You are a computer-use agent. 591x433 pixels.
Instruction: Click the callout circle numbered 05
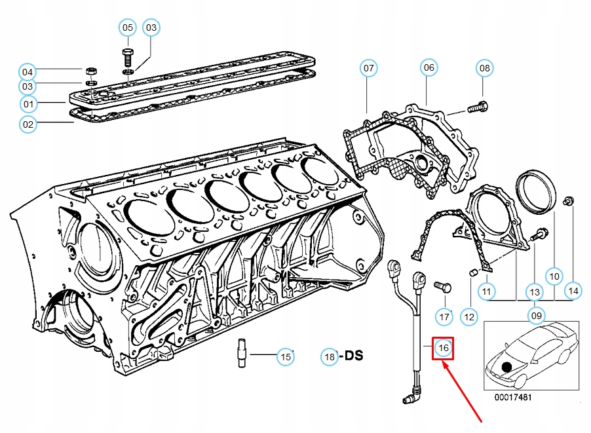point(128,28)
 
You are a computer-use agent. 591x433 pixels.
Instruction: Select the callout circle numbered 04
point(27,71)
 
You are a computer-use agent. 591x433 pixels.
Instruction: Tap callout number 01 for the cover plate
point(28,104)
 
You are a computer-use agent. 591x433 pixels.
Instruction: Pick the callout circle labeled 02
point(28,123)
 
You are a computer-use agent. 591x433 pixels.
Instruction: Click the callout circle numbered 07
point(369,68)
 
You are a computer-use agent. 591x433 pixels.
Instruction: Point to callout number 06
point(429,67)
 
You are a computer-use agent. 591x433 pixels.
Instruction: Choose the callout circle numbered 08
point(484,67)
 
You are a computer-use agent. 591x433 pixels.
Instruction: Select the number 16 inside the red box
point(443,347)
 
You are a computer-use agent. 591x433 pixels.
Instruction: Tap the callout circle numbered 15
point(285,357)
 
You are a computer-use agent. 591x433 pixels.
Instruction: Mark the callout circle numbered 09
point(537,316)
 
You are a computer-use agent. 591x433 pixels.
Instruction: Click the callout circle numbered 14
point(573,290)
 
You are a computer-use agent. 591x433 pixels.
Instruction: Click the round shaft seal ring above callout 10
point(537,190)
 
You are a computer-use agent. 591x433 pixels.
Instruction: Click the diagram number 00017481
point(513,398)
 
